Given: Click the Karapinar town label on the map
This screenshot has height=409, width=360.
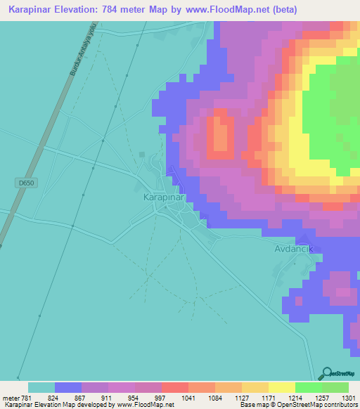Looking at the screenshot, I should click(x=159, y=197).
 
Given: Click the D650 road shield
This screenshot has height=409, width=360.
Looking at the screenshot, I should click(x=25, y=183).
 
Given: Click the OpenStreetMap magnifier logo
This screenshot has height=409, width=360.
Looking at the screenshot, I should click(x=326, y=373).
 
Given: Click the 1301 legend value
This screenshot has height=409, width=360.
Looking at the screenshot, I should click(x=347, y=398).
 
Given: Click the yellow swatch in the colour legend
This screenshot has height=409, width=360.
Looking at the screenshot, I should click(x=281, y=387).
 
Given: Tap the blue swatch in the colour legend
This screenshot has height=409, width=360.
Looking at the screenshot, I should click(x=68, y=387).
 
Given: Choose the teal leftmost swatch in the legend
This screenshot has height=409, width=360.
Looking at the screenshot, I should click(x=41, y=387).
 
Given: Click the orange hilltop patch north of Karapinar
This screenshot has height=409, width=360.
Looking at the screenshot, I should click(x=221, y=137).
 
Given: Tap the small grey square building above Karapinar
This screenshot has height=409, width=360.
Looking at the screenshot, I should click(x=143, y=155).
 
